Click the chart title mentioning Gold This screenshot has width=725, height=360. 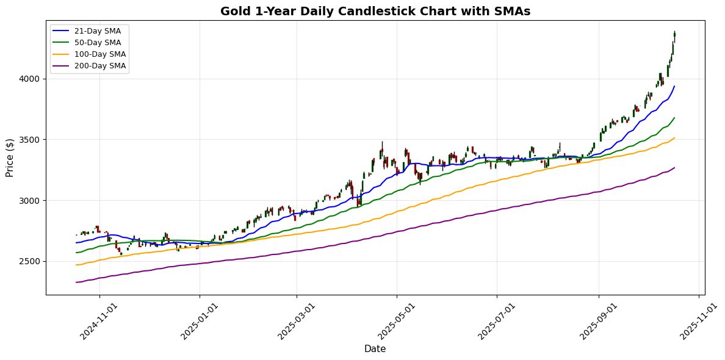point(375,11)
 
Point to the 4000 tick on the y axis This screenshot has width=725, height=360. point(31,79)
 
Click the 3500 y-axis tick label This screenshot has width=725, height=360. point(31,140)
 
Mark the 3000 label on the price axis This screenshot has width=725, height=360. point(31,201)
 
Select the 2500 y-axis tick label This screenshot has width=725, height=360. point(31,261)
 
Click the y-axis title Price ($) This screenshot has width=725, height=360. point(10,157)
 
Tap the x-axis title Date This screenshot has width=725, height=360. point(375,349)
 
